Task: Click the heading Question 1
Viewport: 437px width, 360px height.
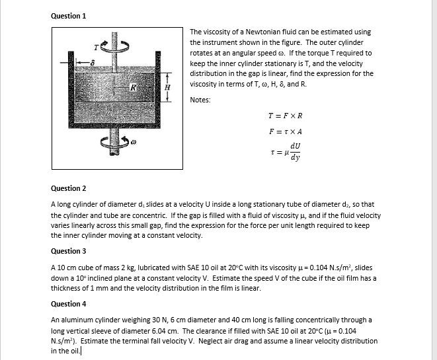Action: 69,15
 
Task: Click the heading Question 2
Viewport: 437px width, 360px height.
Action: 69,188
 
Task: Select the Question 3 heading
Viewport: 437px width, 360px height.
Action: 69,251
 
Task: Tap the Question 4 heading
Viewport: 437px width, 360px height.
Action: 69,304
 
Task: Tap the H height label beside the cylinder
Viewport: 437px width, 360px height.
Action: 167,87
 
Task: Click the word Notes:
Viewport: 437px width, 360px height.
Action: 200,100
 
